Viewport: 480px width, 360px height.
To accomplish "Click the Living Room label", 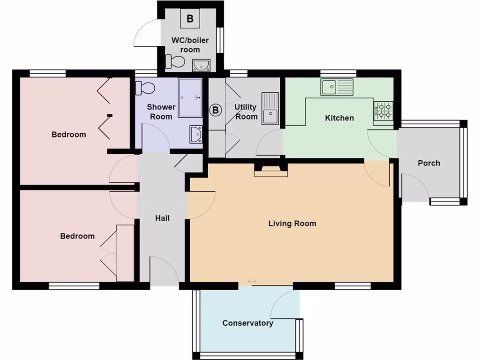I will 292,224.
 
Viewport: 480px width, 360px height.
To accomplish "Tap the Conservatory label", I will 247,323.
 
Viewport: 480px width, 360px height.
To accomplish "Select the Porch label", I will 429,163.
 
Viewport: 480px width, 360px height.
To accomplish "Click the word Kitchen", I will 339,118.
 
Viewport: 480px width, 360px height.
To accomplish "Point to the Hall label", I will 162,218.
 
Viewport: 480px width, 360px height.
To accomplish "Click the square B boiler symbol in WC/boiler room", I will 190,19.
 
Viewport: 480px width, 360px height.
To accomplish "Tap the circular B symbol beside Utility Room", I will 215,110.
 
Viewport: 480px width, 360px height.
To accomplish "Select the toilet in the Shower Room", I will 145,88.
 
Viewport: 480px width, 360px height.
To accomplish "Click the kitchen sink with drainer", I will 337,86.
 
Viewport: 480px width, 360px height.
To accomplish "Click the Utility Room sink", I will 270,109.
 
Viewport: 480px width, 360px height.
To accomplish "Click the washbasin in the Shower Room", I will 196,134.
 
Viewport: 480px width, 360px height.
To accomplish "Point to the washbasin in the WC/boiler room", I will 201,65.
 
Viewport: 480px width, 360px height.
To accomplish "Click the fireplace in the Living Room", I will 270,170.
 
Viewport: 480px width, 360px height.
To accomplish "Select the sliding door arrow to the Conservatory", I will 252,281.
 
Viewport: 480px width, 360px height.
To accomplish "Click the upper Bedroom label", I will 68,135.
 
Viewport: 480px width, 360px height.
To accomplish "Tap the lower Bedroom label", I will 77,236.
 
